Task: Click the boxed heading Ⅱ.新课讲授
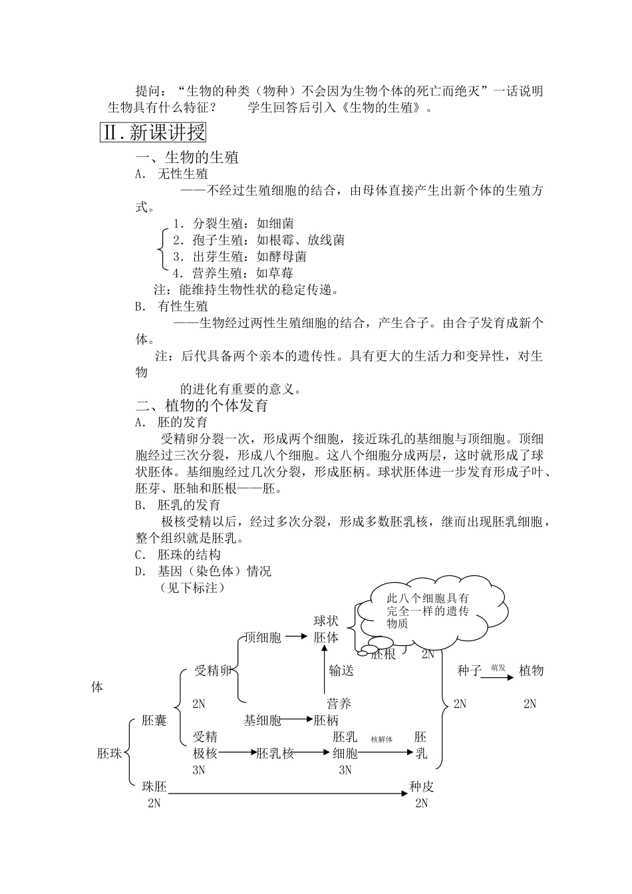click(x=153, y=133)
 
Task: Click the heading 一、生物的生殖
click(x=187, y=158)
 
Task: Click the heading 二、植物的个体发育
click(x=202, y=405)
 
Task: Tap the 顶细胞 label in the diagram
click(x=263, y=637)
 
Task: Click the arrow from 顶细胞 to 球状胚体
click(x=297, y=638)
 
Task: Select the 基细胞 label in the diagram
click(x=263, y=720)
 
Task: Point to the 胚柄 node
click(x=327, y=720)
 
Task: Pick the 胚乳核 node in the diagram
click(x=275, y=753)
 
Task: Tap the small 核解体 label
click(x=382, y=740)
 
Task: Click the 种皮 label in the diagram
click(x=422, y=787)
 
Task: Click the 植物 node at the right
click(x=531, y=670)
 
